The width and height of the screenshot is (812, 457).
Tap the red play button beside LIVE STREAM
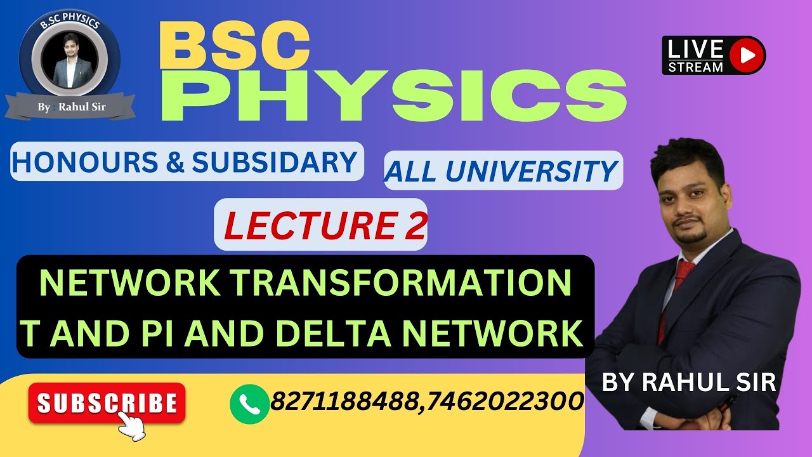[747, 56]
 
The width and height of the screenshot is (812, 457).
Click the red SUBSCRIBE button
[107, 403]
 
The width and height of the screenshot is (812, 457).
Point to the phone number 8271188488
[346, 401]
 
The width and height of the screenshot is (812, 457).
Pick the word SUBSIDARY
[274, 162]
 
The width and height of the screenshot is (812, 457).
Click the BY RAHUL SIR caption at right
[688, 383]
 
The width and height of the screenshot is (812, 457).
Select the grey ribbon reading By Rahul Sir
[70, 107]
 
